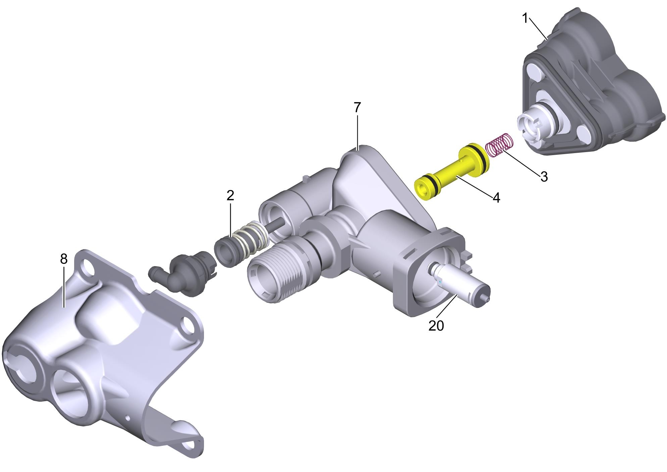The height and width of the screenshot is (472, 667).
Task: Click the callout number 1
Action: click(x=525, y=18)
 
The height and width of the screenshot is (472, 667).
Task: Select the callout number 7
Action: click(x=357, y=108)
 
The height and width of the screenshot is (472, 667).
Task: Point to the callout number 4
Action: click(x=497, y=198)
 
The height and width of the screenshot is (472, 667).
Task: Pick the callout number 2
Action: click(x=230, y=195)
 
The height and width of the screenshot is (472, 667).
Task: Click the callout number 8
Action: click(x=64, y=259)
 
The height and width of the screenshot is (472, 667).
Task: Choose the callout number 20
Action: click(x=436, y=326)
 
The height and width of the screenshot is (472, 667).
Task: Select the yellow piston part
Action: click(x=453, y=171)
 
